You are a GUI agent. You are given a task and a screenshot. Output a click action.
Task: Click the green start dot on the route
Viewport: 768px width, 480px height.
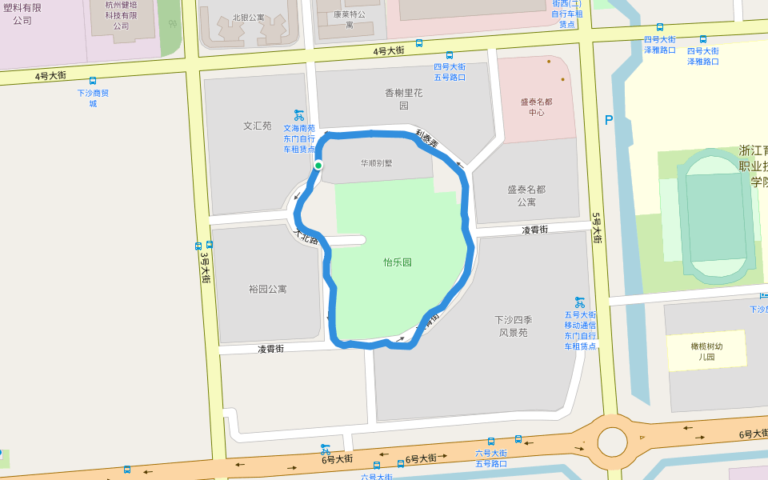318,166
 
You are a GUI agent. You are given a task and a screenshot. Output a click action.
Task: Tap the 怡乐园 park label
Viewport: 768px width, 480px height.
398,262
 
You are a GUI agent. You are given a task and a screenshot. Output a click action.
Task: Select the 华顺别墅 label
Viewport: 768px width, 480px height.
376,163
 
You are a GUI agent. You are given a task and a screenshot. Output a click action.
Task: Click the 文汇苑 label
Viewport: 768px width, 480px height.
258,126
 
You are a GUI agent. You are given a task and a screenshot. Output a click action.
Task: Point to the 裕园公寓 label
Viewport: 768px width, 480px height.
267,289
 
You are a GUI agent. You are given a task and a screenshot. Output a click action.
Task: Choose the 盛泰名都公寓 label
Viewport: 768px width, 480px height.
526,196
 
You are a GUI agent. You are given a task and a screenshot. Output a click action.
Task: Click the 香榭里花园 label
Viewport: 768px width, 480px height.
403,99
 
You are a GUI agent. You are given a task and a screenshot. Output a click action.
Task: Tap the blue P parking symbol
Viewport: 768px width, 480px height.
609,121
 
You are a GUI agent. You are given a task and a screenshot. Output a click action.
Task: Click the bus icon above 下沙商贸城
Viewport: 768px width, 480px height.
93,81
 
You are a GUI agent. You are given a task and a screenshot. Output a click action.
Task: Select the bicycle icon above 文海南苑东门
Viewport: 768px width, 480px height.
298,115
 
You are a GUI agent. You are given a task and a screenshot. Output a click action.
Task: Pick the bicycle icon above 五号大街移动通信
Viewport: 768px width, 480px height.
580,302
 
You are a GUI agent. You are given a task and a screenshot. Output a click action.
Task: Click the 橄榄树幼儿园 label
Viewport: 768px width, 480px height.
706,351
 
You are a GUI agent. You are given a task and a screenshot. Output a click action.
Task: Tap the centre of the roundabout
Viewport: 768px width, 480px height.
612,441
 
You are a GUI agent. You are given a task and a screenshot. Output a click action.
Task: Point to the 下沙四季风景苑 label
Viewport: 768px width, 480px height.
513,326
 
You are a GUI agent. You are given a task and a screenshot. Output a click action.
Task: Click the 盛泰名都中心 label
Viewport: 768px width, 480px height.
536,107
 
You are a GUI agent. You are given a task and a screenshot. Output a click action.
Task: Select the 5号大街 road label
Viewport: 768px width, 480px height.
596,227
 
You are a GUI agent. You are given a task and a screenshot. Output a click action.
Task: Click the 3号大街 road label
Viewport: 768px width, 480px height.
205,267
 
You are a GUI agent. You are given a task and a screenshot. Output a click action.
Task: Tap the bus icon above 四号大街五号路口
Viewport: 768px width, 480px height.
450,55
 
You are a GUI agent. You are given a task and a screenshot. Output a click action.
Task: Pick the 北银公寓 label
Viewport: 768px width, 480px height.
248,18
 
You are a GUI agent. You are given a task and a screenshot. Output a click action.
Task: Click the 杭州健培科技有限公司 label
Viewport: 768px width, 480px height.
121,15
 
